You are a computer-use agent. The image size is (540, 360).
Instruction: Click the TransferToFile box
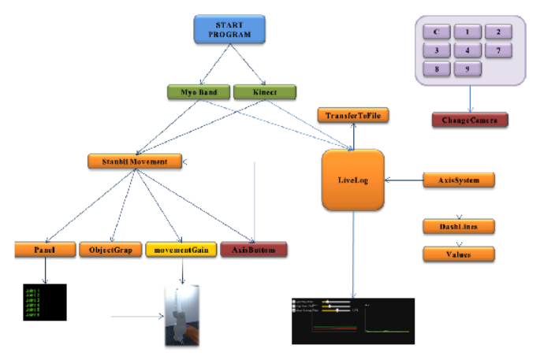(353, 116)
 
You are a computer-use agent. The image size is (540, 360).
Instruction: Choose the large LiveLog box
(352, 180)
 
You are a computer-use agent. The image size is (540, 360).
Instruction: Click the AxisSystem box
(459, 180)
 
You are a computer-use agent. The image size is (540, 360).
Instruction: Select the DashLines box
(459, 226)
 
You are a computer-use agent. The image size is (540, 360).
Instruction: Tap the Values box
(459, 254)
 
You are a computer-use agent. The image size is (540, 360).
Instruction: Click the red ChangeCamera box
(470, 120)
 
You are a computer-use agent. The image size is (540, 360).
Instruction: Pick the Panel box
(44, 250)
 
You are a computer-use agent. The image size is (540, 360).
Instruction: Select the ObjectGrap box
(110, 250)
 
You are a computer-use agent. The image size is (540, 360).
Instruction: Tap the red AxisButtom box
(253, 250)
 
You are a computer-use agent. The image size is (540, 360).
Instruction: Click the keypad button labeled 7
(498, 50)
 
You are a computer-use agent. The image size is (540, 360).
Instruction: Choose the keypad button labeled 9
(467, 69)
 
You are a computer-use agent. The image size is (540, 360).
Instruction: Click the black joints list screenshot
(44, 302)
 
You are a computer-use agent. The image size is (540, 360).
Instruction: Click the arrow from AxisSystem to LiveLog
(404, 180)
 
